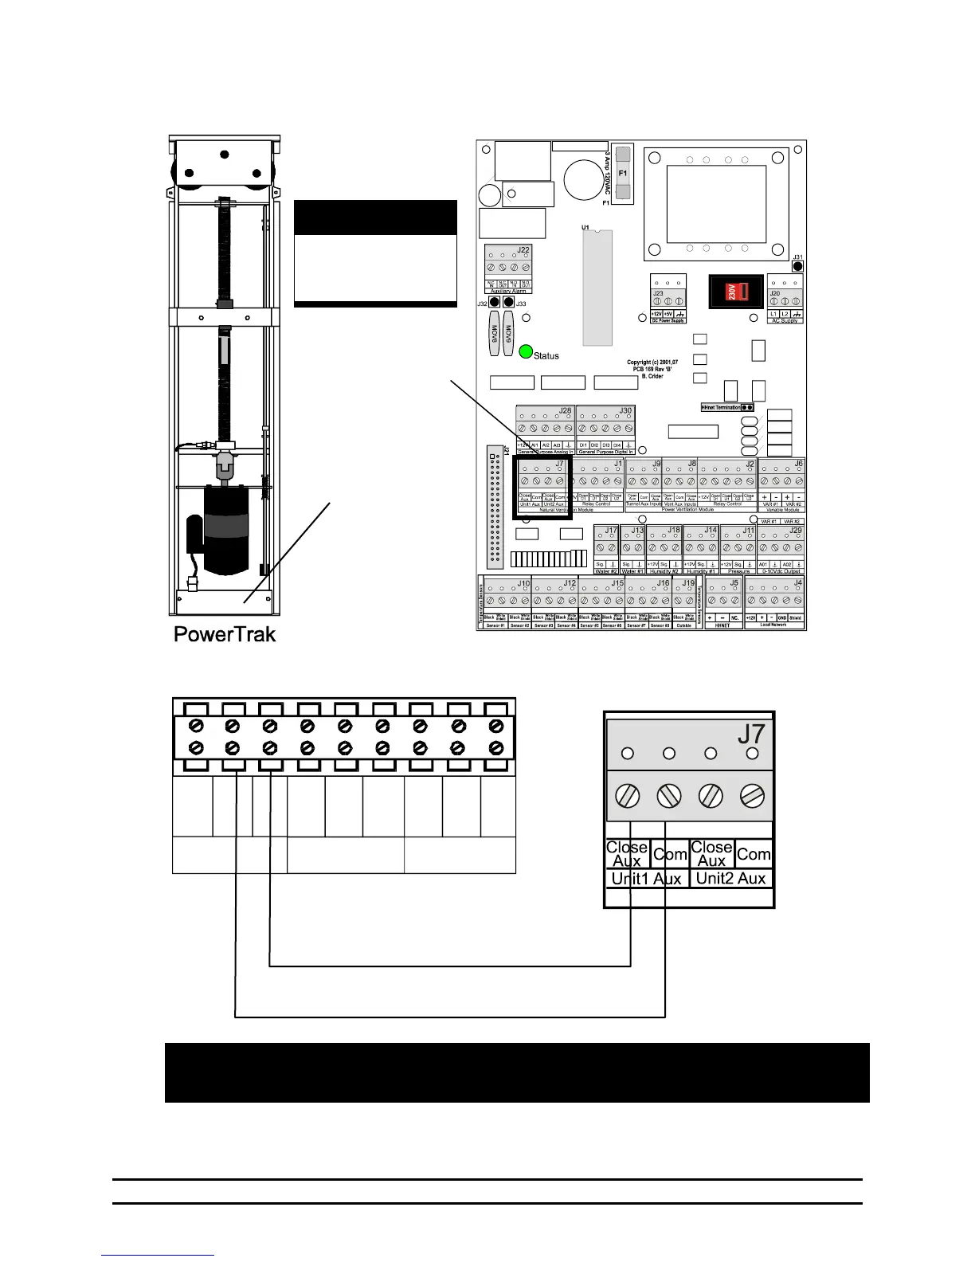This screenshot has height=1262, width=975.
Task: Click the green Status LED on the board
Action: [525, 353]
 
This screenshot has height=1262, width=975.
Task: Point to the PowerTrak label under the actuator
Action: [225, 634]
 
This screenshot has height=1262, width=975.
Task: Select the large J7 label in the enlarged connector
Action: [750, 733]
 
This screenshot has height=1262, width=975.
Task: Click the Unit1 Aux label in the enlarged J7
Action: [646, 879]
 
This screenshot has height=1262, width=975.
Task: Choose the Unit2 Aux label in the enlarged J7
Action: [730, 879]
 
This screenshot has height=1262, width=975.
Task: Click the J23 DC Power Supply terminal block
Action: [668, 299]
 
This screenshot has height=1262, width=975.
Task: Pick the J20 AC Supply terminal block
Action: [785, 299]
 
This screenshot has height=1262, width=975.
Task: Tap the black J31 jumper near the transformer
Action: [797, 267]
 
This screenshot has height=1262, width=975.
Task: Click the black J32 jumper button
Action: [495, 304]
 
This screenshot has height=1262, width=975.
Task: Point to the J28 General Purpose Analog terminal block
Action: [544, 429]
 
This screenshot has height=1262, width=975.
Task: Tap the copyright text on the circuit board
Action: [652, 369]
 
